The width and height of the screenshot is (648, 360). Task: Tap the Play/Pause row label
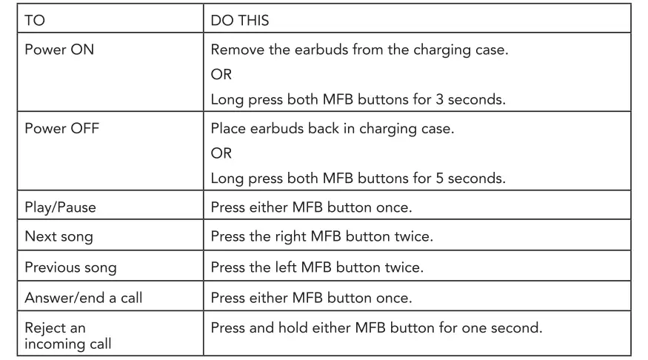click(61, 207)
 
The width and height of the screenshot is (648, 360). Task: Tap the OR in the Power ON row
click(221, 76)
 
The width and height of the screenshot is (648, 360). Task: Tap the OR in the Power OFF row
click(221, 153)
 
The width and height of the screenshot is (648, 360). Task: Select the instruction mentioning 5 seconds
click(358, 178)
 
